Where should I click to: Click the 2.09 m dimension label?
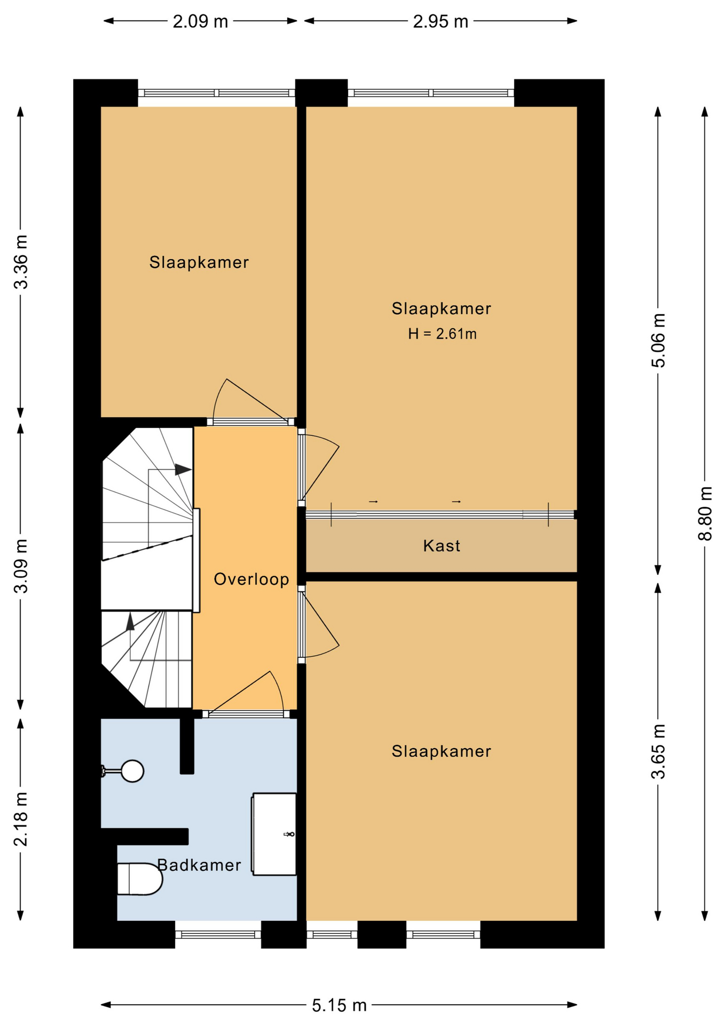click(200, 21)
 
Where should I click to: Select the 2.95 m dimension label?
click(440, 21)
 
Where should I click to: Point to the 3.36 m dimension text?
click(21, 262)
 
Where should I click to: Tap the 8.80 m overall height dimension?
click(705, 513)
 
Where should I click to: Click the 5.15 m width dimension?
click(340, 1005)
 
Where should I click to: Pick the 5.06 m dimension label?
click(658, 340)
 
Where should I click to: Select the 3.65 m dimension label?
click(658, 751)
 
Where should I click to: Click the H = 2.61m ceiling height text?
click(442, 334)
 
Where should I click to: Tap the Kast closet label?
click(442, 546)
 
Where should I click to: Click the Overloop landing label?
click(251, 579)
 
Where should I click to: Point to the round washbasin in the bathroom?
click(132, 771)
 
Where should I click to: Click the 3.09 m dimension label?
click(21, 566)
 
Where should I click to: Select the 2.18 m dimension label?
click(21, 819)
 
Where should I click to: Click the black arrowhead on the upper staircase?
click(183, 470)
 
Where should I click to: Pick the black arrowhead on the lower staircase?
click(130, 621)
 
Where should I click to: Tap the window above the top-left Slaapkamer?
click(216, 93)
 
